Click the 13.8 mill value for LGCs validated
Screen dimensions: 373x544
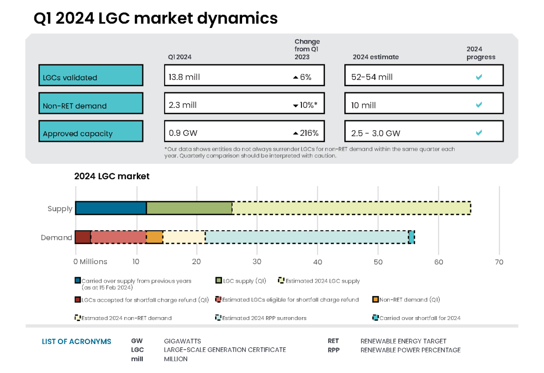click(184, 77)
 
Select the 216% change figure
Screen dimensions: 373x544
click(308, 133)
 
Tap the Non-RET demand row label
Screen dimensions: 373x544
click(75, 106)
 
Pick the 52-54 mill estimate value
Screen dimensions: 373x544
click(372, 77)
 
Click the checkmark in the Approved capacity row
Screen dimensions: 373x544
click(479, 133)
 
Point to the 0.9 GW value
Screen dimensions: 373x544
click(182, 133)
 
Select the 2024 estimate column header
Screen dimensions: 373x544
click(376, 57)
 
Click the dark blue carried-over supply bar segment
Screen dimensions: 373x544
click(111, 208)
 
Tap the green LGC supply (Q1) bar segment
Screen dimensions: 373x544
click(189, 208)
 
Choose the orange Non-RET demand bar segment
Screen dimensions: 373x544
click(155, 237)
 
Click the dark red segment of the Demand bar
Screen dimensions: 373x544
click(83, 237)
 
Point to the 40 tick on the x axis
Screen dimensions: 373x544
click(318, 262)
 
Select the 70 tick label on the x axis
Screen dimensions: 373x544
click(499, 262)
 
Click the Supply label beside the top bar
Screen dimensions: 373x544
click(60, 209)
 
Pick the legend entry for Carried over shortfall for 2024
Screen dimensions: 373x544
click(419, 318)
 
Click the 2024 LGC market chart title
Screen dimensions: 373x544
click(112, 176)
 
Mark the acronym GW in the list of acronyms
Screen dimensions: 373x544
click(137, 341)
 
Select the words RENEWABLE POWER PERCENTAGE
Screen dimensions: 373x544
click(410, 350)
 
